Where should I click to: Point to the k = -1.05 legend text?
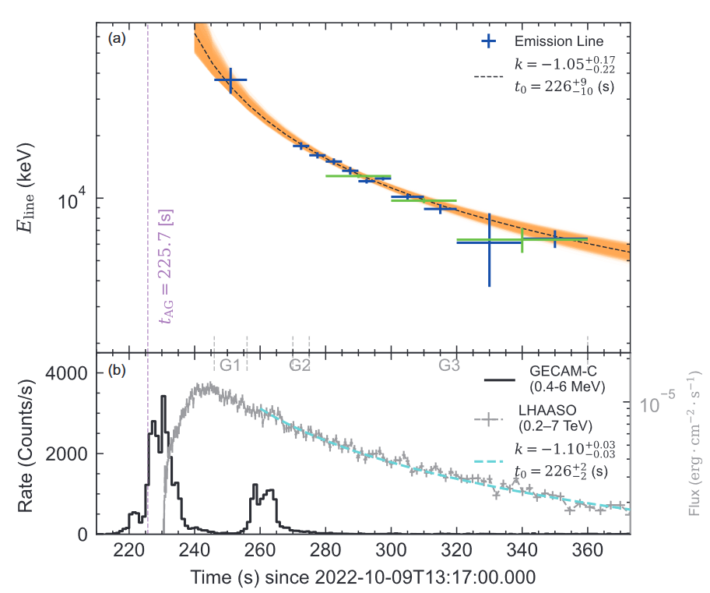click(x=559, y=63)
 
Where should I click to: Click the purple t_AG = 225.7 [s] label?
click(x=165, y=265)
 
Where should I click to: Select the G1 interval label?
click(x=230, y=365)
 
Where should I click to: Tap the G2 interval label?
click(x=301, y=365)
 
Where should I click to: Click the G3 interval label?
click(x=449, y=365)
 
